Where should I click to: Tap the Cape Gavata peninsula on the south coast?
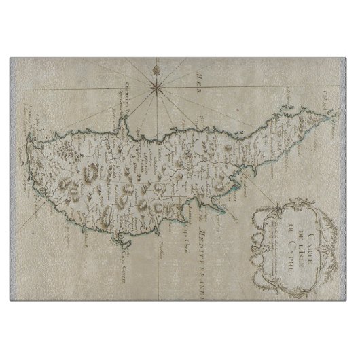tap(126, 234)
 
